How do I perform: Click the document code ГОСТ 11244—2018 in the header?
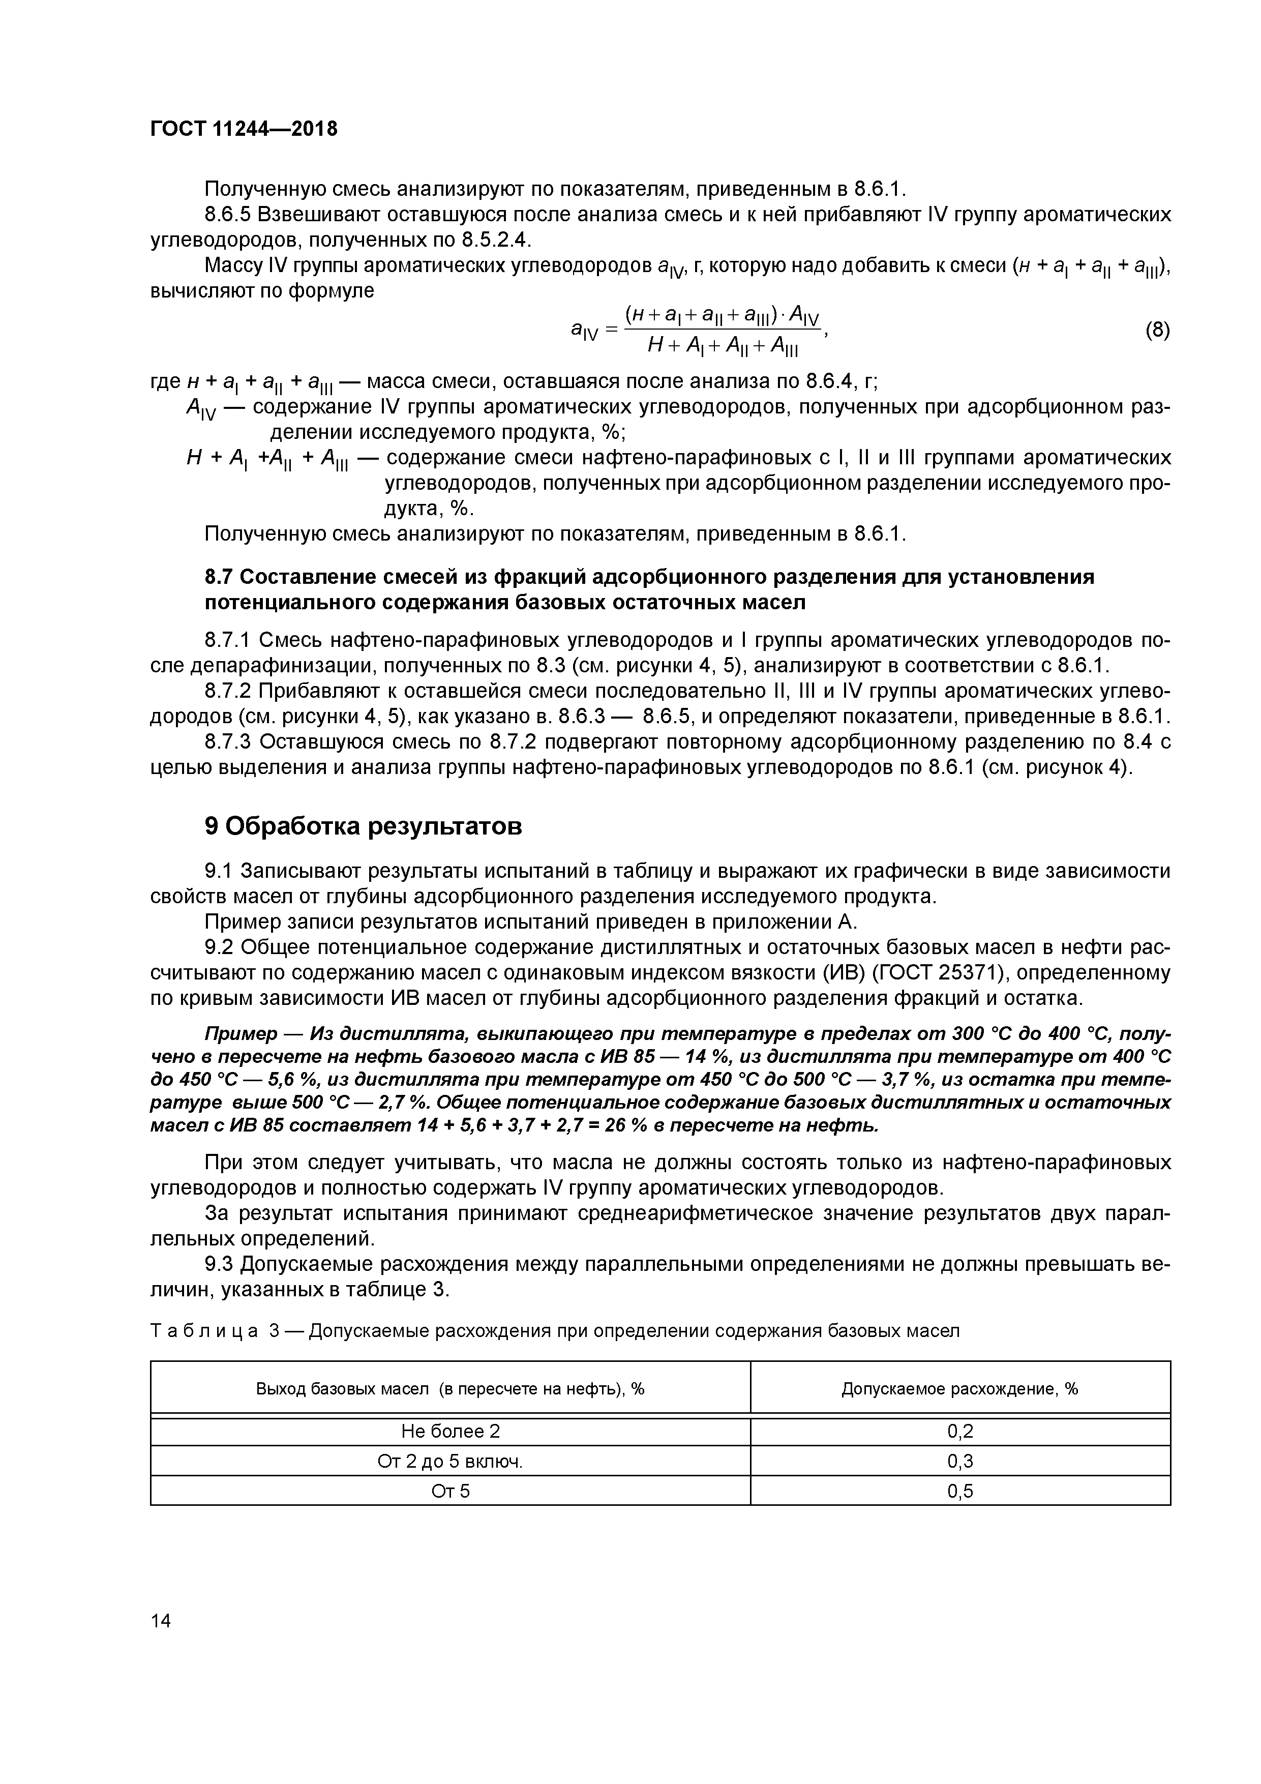coord(243,129)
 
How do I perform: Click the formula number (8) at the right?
coord(1157,330)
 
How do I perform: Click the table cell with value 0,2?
coord(960,1431)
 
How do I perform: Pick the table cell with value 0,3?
coord(960,1462)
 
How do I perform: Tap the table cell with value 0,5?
coord(960,1491)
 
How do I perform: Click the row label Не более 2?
coord(451,1431)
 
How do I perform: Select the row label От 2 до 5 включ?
coord(451,1462)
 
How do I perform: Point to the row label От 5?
coord(451,1491)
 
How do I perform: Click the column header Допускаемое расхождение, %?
coord(960,1388)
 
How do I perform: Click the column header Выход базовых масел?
coord(451,1388)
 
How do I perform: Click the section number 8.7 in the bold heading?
coord(218,577)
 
